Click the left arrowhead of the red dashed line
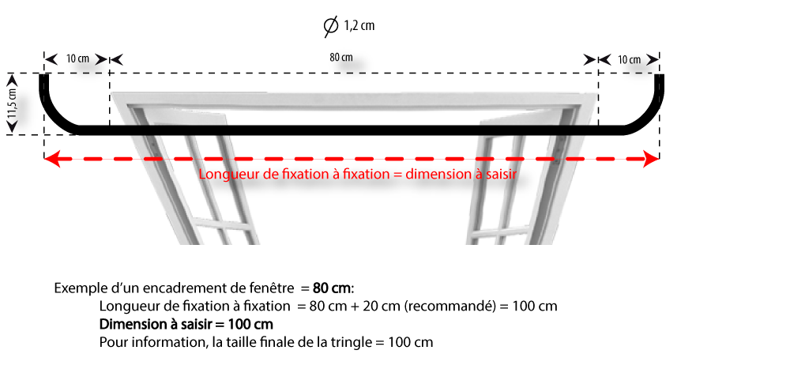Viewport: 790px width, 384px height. click(x=52, y=159)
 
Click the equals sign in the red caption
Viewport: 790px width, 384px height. click(x=397, y=175)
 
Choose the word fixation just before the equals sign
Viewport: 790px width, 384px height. click(x=365, y=175)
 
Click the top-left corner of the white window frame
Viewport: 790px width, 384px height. click(x=111, y=94)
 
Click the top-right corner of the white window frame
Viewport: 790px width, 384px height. click(x=596, y=94)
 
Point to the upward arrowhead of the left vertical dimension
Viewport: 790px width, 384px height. click(x=12, y=79)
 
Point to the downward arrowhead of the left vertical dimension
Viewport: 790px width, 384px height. click(x=12, y=126)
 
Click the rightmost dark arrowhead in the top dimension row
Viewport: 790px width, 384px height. click(x=652, y=59)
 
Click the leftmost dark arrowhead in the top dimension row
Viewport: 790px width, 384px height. click(x=51, y=59)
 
